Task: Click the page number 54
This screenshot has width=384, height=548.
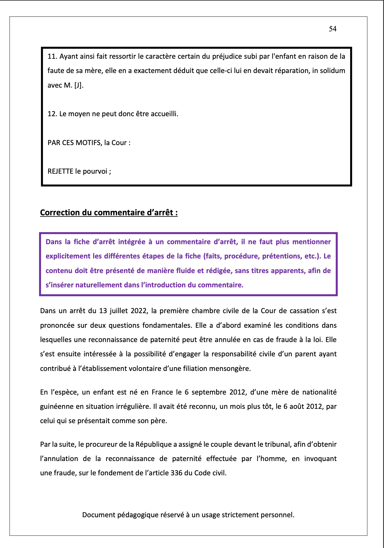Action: [x=332, y=29]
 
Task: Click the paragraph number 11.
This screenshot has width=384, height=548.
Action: [x=52, y=57]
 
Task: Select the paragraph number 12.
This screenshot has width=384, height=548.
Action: [x=52, y=114]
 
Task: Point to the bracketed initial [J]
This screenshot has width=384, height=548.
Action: [x=78, y=85]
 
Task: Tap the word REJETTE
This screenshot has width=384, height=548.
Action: [x=60, y=171]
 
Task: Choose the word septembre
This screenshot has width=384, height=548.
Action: [x=209, y=392]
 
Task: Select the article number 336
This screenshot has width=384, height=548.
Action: [x=176, y=473]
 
